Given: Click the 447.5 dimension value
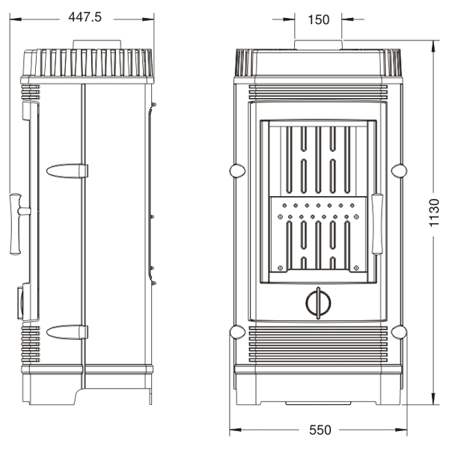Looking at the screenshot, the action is (x=85, y=17).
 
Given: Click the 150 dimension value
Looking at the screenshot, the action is (x=319, y=19).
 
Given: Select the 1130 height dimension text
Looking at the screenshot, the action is (x=434, y=213).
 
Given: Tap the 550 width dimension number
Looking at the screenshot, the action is (x=320, y=430).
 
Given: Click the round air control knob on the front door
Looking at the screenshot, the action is (x=318, y=303).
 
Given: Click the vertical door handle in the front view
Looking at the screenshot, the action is (x=377, y=224).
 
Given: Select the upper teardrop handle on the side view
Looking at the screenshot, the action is (x=67, y=171).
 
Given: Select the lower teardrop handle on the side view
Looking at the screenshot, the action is (x=67, y=332).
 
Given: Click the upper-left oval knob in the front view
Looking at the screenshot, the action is (x=237, y=171).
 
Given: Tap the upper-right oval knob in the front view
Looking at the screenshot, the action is (x=399, y=171).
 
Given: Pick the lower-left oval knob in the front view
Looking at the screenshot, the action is (x=237, y=332).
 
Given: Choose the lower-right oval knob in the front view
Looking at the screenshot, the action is (x=399, y=332).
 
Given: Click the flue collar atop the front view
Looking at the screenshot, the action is (x=318, y=45).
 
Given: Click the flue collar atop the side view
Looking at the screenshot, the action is (x=97, y=45).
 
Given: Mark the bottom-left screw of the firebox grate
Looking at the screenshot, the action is (x=281, y=268).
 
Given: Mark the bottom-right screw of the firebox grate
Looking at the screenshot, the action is (x=356, y=268).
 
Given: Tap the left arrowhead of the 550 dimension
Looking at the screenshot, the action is (x=236, y=430).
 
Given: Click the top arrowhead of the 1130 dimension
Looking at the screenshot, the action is (x=434, y=46).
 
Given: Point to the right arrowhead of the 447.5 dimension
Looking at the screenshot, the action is (x=148, y=19).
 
